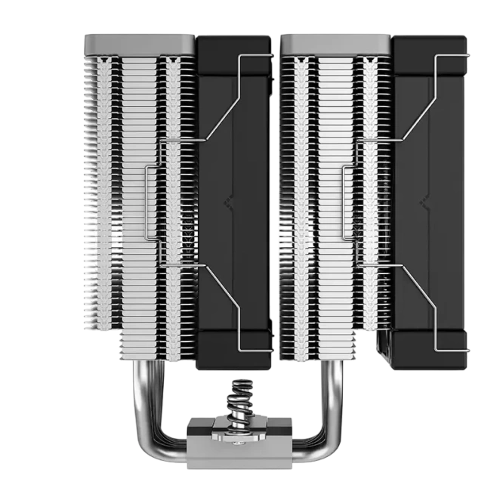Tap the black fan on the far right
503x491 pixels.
[x=430, y=204]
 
